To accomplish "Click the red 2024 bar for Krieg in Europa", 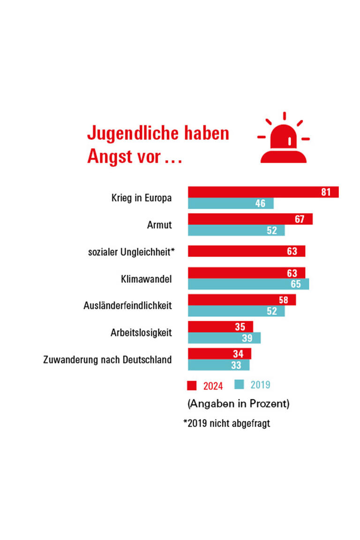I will (x=262, y=192).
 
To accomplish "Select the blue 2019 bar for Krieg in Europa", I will (x=231, y=203).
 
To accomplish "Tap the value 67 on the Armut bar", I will (x=300, y=219).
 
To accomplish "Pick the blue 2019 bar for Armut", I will (x=236, y=231).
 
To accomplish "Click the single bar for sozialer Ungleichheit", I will (x=247, y=251).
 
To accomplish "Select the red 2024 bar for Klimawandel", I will (x=247, y=273).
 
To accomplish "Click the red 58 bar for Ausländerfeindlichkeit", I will (x=242, y=300).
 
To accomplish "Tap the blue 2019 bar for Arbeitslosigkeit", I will (x=224, y=338).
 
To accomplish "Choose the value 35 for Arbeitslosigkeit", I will (x=240, y=327).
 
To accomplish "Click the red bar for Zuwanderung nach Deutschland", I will (x=219, y=354).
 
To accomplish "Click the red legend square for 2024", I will (x=192, y=385).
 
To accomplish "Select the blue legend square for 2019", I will (x=239, y=385).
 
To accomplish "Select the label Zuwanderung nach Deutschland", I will (x=107, y=360).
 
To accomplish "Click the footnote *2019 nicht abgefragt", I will (x=226, y=424).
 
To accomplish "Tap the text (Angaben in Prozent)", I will (x=238, y=403).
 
